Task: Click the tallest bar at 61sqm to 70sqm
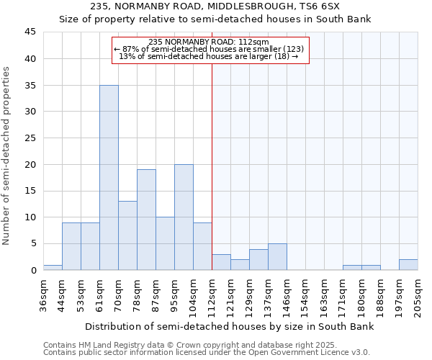tap(109, 177)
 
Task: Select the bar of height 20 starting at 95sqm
tap(184, 217)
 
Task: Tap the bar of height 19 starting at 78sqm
tap(146, 220)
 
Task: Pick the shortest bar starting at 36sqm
tap(53, 267)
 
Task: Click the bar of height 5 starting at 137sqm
tap(277, 256)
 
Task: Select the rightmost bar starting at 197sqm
tap(408, 264)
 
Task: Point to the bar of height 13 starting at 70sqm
tap(127, 235)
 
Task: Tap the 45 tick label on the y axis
tap(30, 32)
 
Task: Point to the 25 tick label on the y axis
tap(30, 138)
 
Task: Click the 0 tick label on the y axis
tap(32, 270)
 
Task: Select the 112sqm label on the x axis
tap(212, 293)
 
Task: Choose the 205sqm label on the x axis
tap(418, 293)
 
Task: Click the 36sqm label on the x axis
tap(43, 293)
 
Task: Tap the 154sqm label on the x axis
tap(305, 293)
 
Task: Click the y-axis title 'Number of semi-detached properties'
tap(7, 156)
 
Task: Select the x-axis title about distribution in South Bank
tap(230, 327)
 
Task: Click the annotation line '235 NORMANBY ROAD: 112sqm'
tap(208, 42)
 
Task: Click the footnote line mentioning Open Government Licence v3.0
tap(207, 352)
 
